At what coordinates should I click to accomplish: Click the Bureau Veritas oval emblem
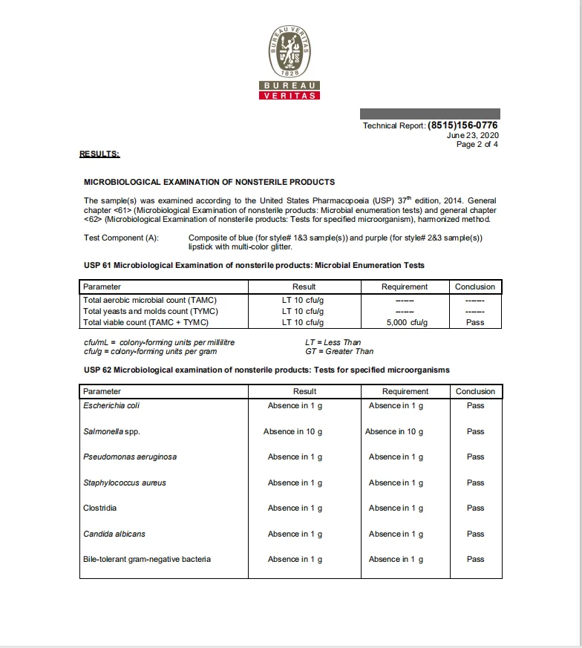[290, 50]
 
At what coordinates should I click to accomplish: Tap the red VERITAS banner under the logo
[290, 95]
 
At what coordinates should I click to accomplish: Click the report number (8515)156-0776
[462, 125]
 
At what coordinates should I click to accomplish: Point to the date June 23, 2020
[473, 135]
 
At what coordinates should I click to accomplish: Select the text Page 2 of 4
[477, 145]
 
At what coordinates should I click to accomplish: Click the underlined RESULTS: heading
[99, 154]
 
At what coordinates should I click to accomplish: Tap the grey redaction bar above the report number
[429, 114]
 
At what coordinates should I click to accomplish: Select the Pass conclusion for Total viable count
[475, 322]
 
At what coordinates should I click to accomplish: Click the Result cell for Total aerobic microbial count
[303, 300]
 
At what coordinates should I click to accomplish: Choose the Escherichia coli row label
[111, 405]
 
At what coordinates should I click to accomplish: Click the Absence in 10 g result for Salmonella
[292, 431]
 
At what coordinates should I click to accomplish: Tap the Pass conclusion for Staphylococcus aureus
[475, 482]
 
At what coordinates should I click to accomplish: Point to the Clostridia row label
[100, 508]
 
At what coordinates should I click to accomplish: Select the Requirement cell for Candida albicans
[396, 534]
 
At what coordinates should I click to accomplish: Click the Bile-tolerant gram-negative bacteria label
[147, 559]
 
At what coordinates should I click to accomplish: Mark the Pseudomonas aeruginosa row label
[130, 456]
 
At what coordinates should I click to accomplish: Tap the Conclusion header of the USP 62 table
[475, 391]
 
